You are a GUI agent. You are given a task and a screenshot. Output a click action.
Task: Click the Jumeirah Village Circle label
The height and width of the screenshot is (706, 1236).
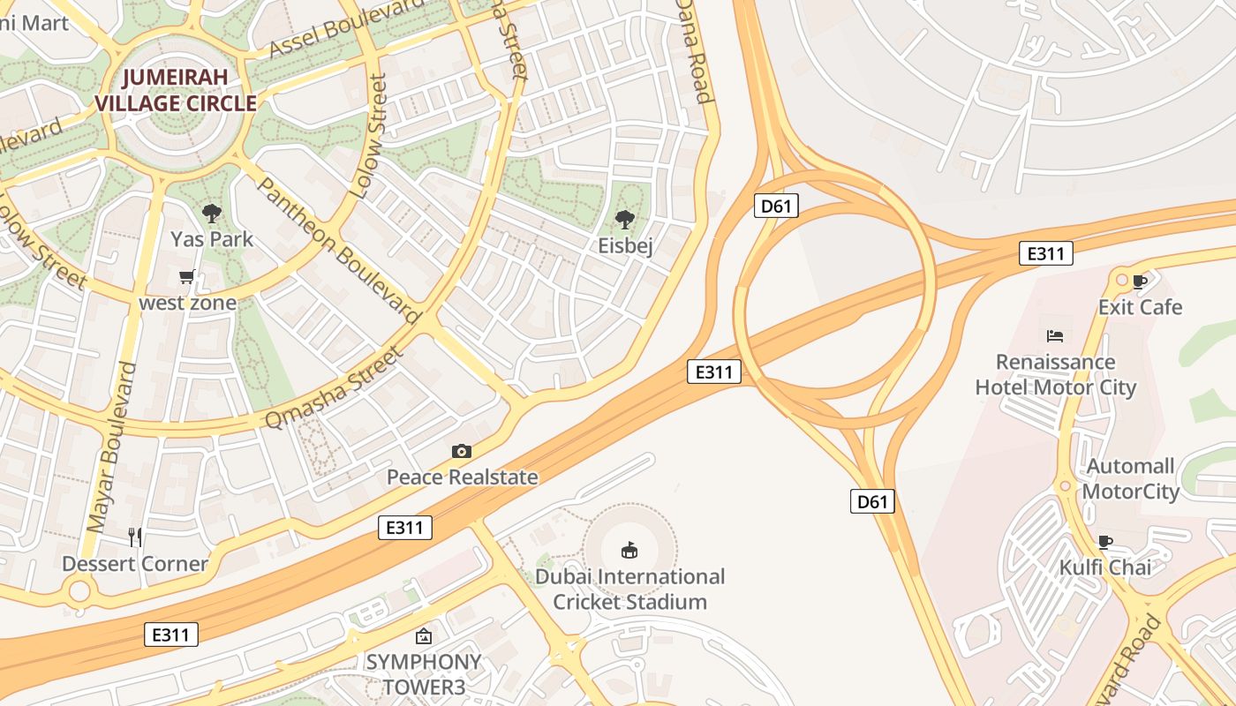(x=176, y=90)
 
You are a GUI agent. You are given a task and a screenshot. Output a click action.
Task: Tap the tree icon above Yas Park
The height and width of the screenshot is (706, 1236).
(x=211, y=213)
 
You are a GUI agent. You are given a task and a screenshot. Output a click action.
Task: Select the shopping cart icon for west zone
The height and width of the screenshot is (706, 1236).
(x=187, y=277)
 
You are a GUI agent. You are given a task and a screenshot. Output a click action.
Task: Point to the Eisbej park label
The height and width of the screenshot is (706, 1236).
(x=625, y=246)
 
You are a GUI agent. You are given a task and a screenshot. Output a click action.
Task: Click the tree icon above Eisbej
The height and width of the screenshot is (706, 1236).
(x=625, y=219)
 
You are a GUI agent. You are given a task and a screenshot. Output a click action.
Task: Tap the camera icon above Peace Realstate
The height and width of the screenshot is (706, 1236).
(x=461, y=451)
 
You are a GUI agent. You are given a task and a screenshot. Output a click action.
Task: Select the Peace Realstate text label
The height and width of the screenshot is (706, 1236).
(x=462, y=477)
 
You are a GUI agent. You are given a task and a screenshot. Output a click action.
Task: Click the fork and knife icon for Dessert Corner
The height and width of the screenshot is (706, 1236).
(x=135, y=537)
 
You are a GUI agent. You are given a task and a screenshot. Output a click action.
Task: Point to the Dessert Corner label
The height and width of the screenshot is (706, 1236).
(x=135, y=563)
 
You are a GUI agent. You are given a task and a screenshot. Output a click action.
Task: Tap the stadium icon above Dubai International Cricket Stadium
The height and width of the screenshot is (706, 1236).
(x=629, y=551)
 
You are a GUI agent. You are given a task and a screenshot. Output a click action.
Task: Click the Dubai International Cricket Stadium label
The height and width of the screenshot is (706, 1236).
(x=629, y=590)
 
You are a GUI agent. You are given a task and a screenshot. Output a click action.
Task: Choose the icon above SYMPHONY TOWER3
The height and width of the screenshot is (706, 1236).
(x=424, y=635)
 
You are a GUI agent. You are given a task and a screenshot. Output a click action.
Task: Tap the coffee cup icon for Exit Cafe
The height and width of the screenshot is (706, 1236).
(x=1140, y=282)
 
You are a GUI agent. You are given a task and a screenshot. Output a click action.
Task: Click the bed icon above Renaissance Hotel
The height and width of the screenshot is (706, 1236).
(x=1055, y=336)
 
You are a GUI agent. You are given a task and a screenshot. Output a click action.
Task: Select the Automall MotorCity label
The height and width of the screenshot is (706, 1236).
(x=1131, y=478)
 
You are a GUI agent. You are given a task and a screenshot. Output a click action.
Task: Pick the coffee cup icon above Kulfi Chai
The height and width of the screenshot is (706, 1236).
(x=1104, y=541)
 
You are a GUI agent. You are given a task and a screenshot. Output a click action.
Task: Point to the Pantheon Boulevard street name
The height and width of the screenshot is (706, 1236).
(x=339, y=250)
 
